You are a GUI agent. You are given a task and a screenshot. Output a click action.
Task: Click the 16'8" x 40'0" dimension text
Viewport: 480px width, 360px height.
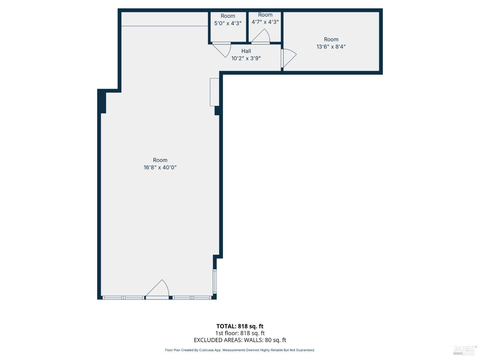pos(160,167)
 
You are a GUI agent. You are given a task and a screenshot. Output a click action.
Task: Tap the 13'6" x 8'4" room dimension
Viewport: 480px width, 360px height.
pos(331,47)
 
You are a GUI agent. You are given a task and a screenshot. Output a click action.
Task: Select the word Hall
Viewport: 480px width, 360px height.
pos(246,51)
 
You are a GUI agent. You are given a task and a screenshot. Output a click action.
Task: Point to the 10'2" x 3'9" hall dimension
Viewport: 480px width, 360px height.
pos(246,58)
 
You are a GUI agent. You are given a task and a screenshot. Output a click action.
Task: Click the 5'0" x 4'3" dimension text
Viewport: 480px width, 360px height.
pos(228,23)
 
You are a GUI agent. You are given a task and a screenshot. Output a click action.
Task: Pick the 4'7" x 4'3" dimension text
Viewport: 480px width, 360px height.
pos(265,22)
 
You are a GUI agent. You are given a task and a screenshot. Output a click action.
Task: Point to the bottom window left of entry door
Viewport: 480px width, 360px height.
pos(123,298)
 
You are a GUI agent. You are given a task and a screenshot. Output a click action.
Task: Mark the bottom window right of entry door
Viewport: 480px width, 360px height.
pos(192,298)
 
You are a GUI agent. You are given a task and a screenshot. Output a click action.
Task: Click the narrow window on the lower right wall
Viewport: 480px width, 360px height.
pos(215,281)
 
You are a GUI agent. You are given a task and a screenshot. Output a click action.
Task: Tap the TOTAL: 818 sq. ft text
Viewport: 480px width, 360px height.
pos(240,326)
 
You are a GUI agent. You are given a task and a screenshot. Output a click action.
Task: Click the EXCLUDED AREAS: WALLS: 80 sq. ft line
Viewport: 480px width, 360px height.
pos(240,340)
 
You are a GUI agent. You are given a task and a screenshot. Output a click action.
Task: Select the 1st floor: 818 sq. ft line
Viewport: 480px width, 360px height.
pos(240,333)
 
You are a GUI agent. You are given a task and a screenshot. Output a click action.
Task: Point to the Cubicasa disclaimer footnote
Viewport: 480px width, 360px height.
pos(240,350)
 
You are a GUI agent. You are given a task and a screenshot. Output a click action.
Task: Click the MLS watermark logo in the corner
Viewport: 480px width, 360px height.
pos(465,350)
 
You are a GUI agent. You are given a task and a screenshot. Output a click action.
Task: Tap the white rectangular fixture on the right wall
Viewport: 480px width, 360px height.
pos(214,92)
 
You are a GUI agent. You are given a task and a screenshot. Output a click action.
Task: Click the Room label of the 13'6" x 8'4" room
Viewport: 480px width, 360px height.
pos(331,39)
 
